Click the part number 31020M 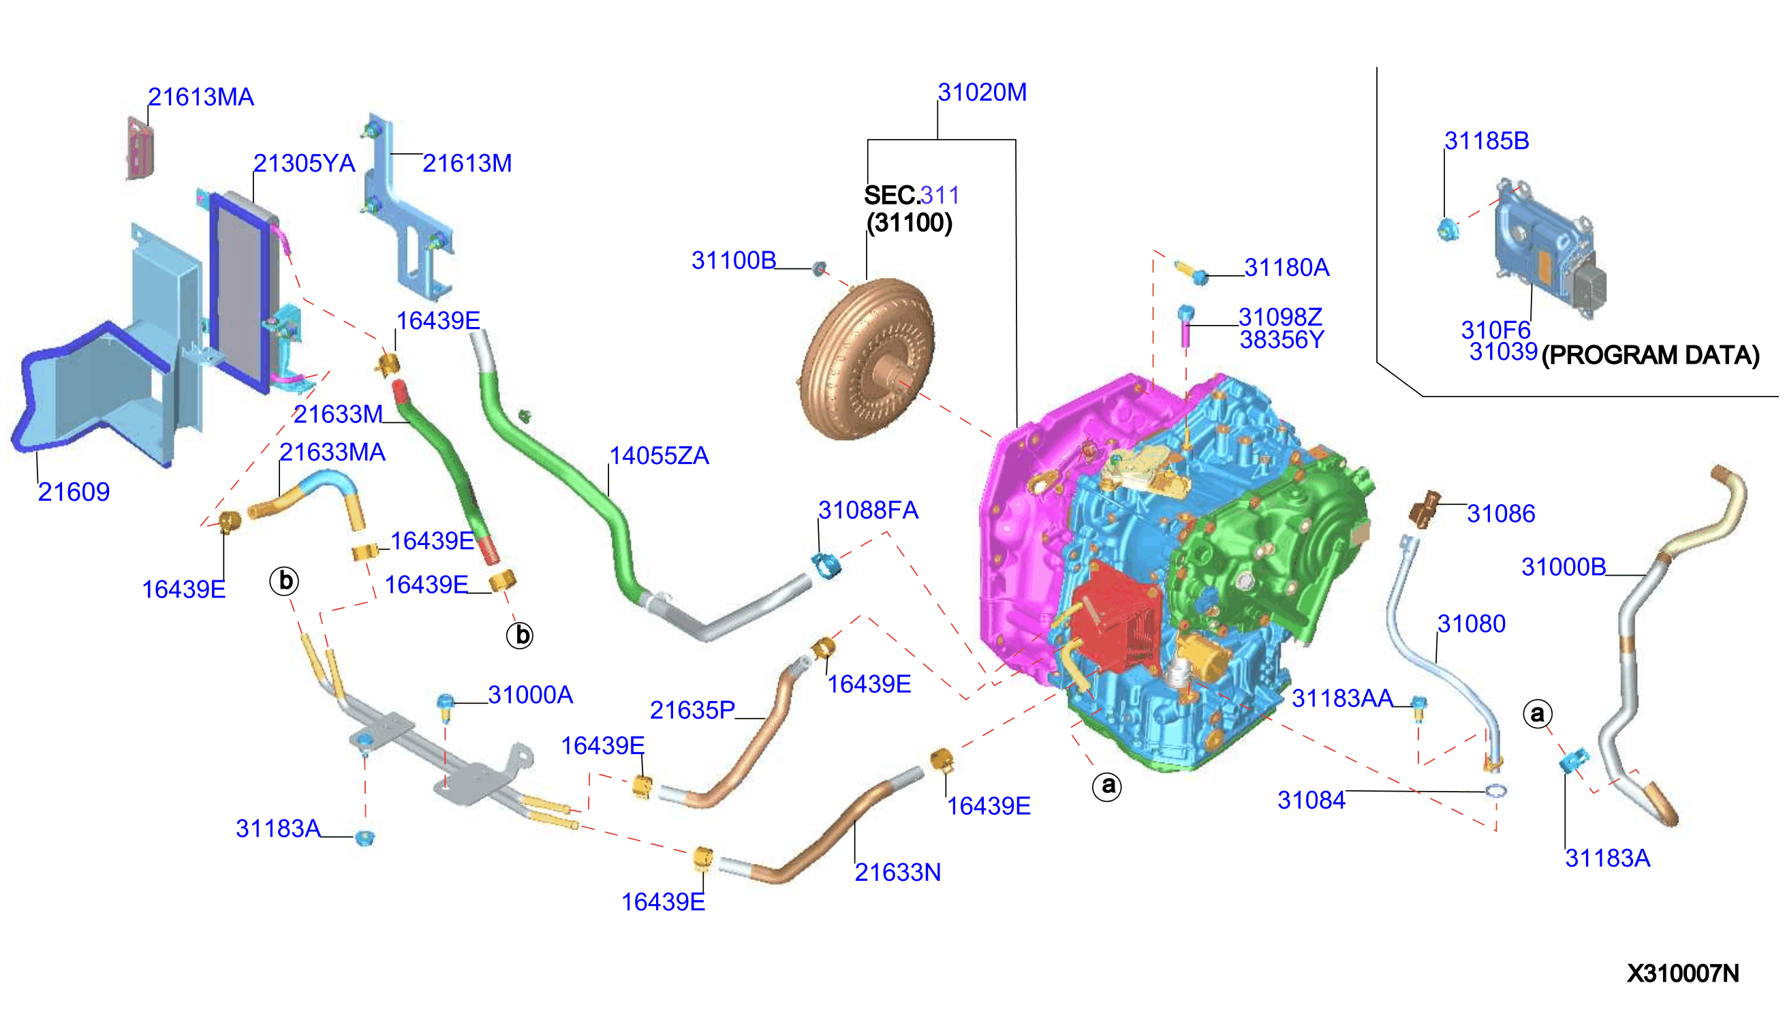(x=981, y=93)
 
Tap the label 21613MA (x=201, y=97)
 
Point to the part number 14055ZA (x=658, y=456)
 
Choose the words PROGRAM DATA (x=1649, y=356)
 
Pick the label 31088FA (x=867, y=510)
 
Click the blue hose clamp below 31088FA (x=826, y=565)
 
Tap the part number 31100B (x=733, y=260)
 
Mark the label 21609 (x=74, y=492)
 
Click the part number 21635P (x=692, y=710)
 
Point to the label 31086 (x=1500, y=514)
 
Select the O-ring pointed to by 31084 (x=1495, y=791)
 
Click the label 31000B (x=1562, y=567)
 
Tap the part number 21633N (x=897, y=872)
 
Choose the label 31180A (x=1286, y=267)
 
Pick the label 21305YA (x=303, y=164)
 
